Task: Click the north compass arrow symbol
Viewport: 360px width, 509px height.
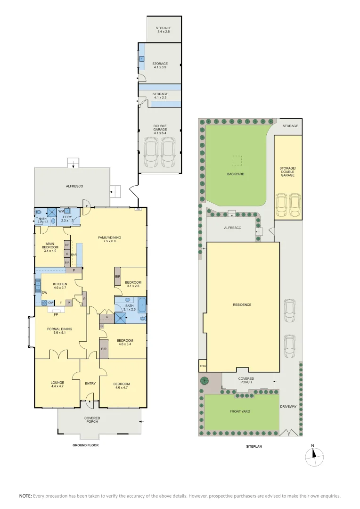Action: click(312, 453)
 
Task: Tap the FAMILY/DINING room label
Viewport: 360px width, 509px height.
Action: click(106, 239)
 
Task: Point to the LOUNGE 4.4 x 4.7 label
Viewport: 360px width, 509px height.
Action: click(57, 384)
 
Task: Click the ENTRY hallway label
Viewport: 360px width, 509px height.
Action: click(90, 383)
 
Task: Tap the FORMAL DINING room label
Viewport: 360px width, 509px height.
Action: click(59, 329)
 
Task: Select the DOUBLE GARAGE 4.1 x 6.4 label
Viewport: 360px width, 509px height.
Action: click(160, 130)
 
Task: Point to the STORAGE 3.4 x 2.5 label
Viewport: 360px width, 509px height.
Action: click(164, 30)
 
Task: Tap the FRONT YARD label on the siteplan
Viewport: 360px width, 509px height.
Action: click(240, 411)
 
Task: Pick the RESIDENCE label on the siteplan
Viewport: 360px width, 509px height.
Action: click(243, 305)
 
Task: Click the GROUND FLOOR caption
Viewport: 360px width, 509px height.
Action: click(85, 445)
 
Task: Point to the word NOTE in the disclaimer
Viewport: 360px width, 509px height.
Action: click(25, 496)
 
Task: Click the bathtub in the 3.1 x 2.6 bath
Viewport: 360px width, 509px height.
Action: click(142, 305)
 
